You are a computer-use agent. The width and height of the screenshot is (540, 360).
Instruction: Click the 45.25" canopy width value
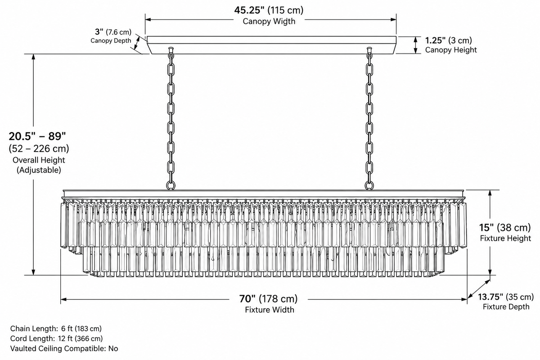point(249,10)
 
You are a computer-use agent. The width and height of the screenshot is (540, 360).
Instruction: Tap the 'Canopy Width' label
point(269,21)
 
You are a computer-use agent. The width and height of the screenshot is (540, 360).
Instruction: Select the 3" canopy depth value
point(99,31)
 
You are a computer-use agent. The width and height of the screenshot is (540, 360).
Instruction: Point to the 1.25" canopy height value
point(435,40)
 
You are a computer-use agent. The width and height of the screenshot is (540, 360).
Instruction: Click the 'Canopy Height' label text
point(451,50)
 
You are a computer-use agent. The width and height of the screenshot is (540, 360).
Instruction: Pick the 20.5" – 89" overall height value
point(37,136)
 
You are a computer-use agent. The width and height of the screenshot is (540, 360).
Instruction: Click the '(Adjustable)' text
point(39,170)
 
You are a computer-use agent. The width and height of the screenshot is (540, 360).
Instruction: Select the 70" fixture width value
point(247,299)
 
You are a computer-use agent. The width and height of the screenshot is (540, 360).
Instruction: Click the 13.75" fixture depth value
point(490,297)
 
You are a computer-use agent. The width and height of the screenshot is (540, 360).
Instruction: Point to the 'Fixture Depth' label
point(506,307)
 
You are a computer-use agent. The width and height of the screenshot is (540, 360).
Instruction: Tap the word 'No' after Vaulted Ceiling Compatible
point(113,348)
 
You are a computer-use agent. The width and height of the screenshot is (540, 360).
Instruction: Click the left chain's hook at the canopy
point(171,49)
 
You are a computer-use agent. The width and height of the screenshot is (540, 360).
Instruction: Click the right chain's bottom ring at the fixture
point(369,185)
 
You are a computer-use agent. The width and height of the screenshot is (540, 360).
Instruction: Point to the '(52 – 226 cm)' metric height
point(39,148)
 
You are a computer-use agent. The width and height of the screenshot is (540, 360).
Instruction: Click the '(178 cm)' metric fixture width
point(278,299)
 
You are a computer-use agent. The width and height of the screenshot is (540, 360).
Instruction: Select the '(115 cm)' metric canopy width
point(285,10)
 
